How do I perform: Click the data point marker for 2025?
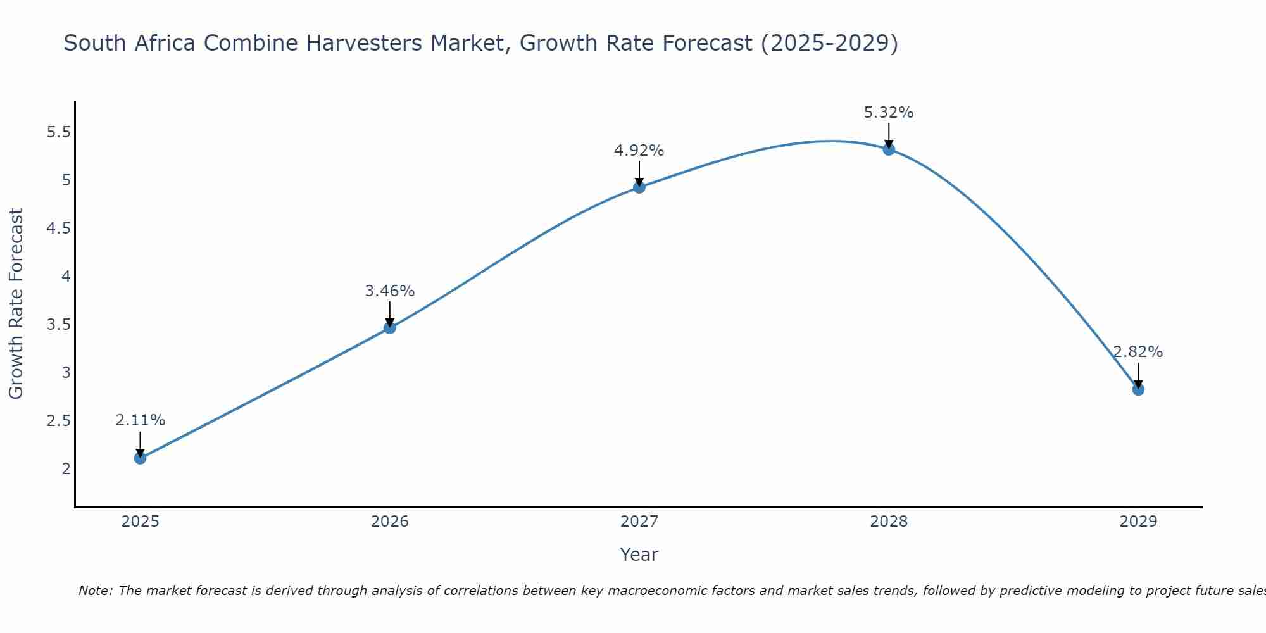140,458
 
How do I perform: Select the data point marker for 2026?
389,328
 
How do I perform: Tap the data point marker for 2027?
639,187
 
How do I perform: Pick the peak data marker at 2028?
889,149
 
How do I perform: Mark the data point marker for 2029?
1138,389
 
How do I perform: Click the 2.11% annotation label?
140,420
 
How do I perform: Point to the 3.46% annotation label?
389,291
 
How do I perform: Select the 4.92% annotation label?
639,151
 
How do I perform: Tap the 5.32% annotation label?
889,113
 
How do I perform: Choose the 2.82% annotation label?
1138,352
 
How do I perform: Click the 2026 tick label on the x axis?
389,522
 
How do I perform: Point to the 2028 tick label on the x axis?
889,522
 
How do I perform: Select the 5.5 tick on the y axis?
58,132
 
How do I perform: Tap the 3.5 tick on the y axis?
58,325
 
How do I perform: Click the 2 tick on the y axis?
66,469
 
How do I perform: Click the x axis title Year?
639,555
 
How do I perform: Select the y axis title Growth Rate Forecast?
16,304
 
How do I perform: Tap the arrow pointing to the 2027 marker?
639,173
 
